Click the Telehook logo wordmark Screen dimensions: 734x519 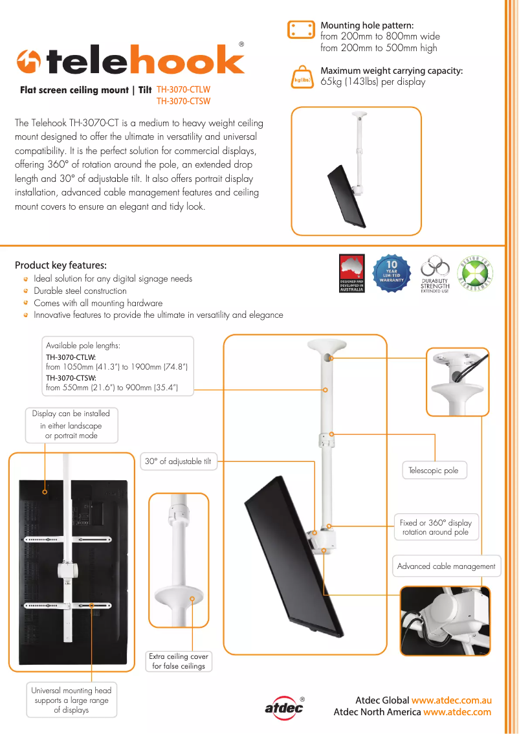coord(131,61)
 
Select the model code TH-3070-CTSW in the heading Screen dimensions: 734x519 coord(184,101)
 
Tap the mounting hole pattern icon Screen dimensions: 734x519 coord(300,30)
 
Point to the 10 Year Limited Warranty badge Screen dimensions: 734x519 coord(392,273)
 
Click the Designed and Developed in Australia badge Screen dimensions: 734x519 coord(352,273)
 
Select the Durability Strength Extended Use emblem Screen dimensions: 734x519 coord(435,274)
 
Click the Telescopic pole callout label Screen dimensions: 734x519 coord(434,471)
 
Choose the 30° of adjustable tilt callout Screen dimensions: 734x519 coord(178,462)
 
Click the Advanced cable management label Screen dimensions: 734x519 coord(446,566)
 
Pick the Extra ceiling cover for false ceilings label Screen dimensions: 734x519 coord(179,661)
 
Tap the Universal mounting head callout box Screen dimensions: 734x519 coord(71,700)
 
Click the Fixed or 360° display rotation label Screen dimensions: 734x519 coord(436,527)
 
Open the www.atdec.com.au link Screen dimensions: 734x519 coord(452,700)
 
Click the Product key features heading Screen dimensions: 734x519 coord(61,265)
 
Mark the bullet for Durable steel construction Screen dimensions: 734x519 coord(26,291)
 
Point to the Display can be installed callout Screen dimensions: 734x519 coord(71,425)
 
